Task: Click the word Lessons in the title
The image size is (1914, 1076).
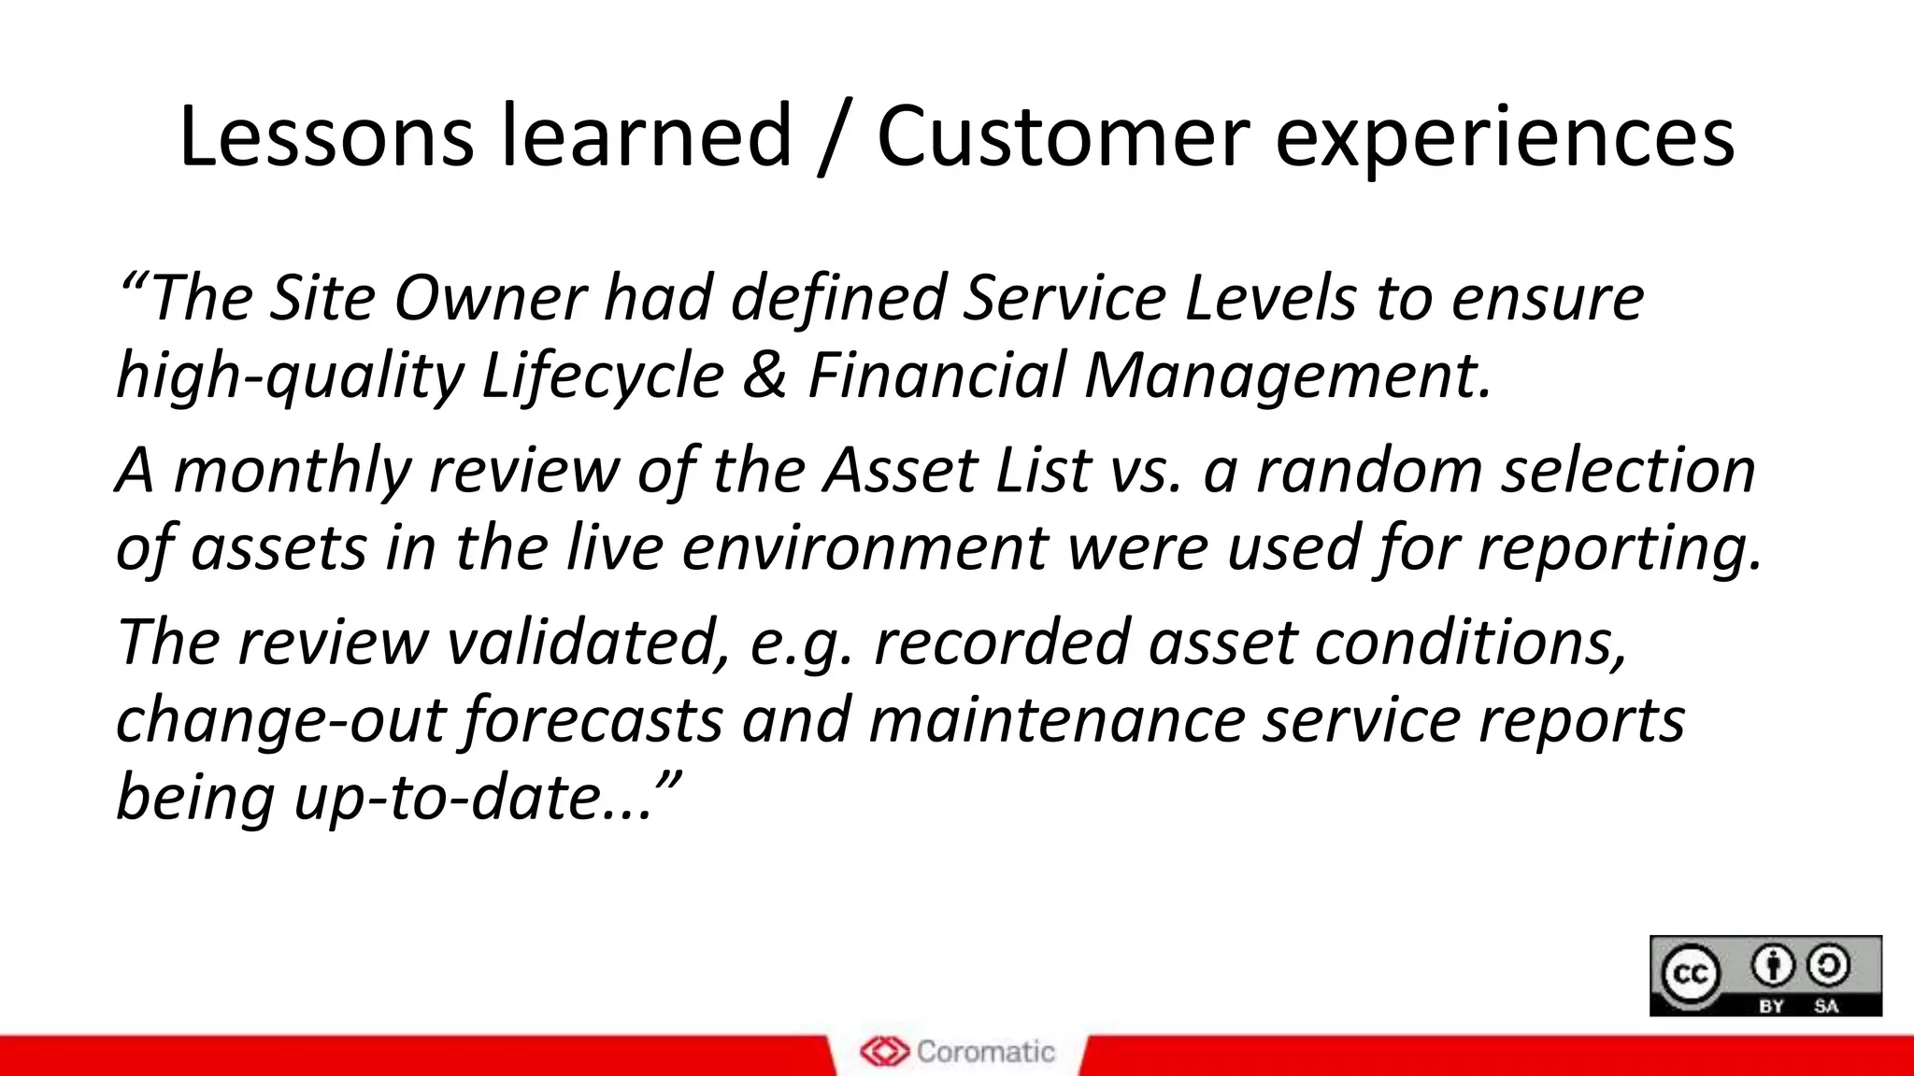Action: tap(325, 137)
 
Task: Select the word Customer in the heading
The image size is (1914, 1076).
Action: tap(1063, 137)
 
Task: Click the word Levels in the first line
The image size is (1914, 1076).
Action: tap(1270, 299)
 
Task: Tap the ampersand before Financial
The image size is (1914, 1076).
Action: tap(765, 376)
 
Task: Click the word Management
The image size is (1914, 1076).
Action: tap(1287, 376)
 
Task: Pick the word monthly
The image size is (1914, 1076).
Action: tap(292, 471)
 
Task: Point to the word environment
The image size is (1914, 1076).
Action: tap(865, 548)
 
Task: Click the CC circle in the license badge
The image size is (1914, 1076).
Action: tap(1690, 975)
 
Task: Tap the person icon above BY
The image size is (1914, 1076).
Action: tap(1772, 966)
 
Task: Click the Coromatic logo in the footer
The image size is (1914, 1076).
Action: tap(957, 1052)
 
